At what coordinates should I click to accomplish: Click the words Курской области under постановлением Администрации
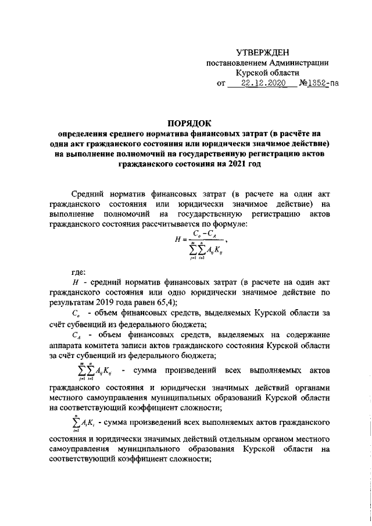267,73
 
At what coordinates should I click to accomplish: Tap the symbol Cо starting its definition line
76,314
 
